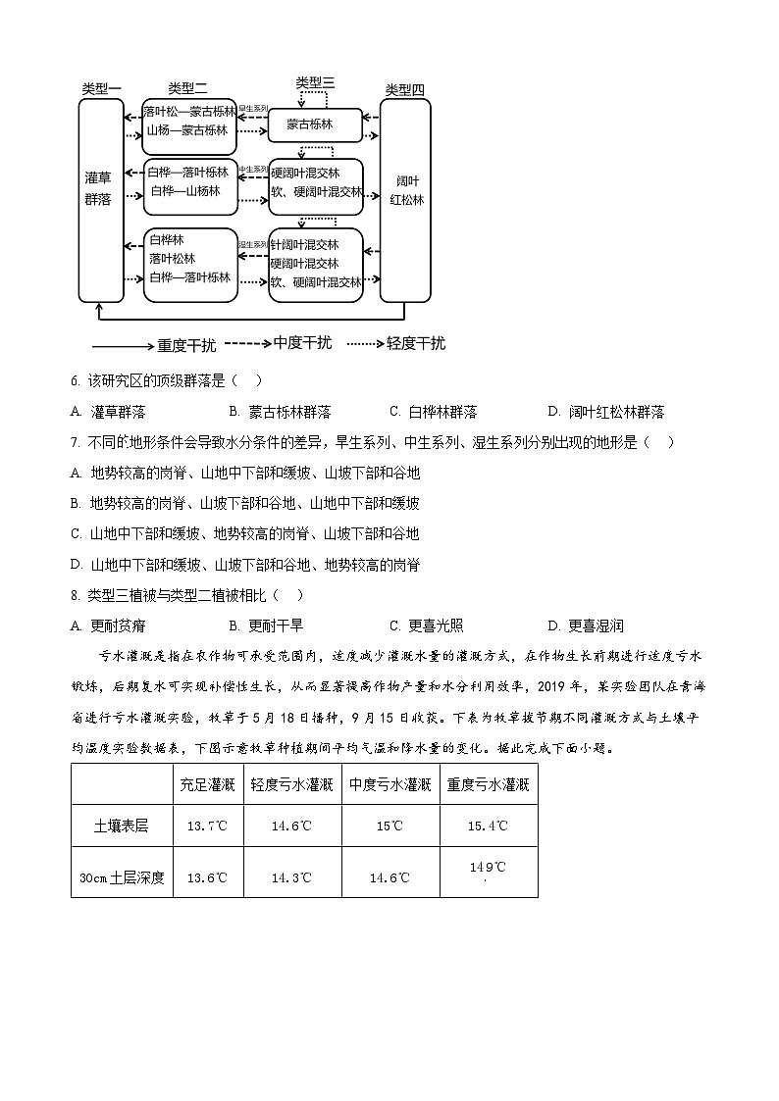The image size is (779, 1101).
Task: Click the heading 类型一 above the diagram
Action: pyautogui.click(x=101, y=89)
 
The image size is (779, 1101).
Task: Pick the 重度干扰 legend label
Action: pyautogui.click(x=186, y=345)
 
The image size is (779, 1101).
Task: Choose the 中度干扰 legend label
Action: pyautogui.click(x=302, y=343)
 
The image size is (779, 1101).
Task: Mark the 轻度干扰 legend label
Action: pyautogui.click(x=415, y=343)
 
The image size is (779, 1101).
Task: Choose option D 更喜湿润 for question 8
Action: pyautogui.click(x=587, y=626)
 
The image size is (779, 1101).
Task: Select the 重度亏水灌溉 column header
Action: pyautogui.click(x=489, y=784)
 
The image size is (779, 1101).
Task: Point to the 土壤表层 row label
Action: pyautogui.click(x=121, y=826)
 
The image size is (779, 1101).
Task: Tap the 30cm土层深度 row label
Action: pyautogui.click(x=122, y=877)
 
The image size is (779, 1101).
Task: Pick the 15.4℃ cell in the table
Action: pyautogui.click(x=489, y=826)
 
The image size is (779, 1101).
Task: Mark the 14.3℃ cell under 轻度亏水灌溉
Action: pyautogui.click(x=292, y=877)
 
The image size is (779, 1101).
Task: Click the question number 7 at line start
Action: pyautogui.click(x=76, y=442)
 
